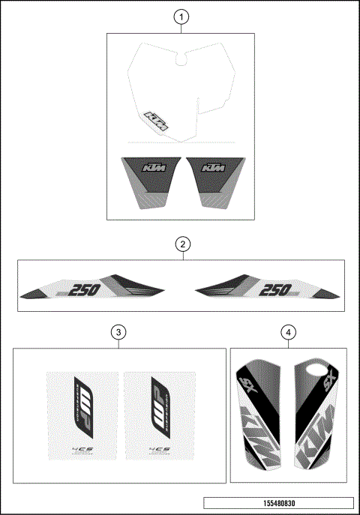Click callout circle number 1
coord(180,16)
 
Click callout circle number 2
coord(180,243)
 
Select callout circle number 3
coord(117,331)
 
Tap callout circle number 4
coord(289,331)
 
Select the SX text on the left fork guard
coord(247,386)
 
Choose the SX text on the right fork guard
coord(326,386)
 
